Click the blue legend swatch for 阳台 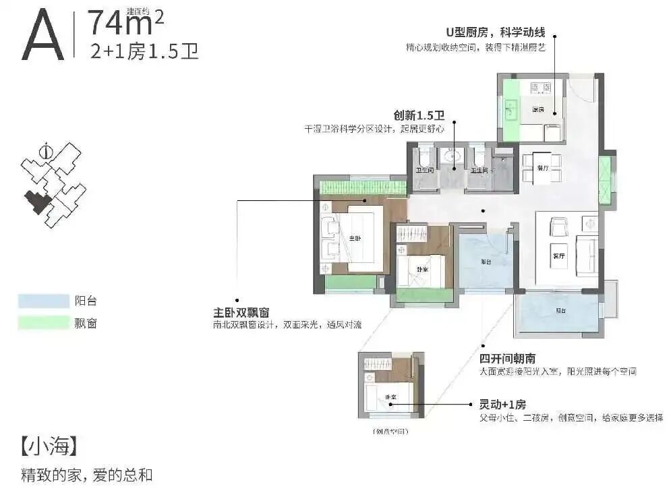coord(44,301)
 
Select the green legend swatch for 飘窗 coord(44,323)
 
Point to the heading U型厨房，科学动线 coord(495,32)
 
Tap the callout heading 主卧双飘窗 coord(241,312)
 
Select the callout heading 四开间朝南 coord(507,358)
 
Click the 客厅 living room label coord(558,256)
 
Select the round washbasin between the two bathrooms coord(453,159)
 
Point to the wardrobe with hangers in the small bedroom coord(413,234)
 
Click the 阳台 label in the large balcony coord(560,311)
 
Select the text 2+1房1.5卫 coord(144,51)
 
